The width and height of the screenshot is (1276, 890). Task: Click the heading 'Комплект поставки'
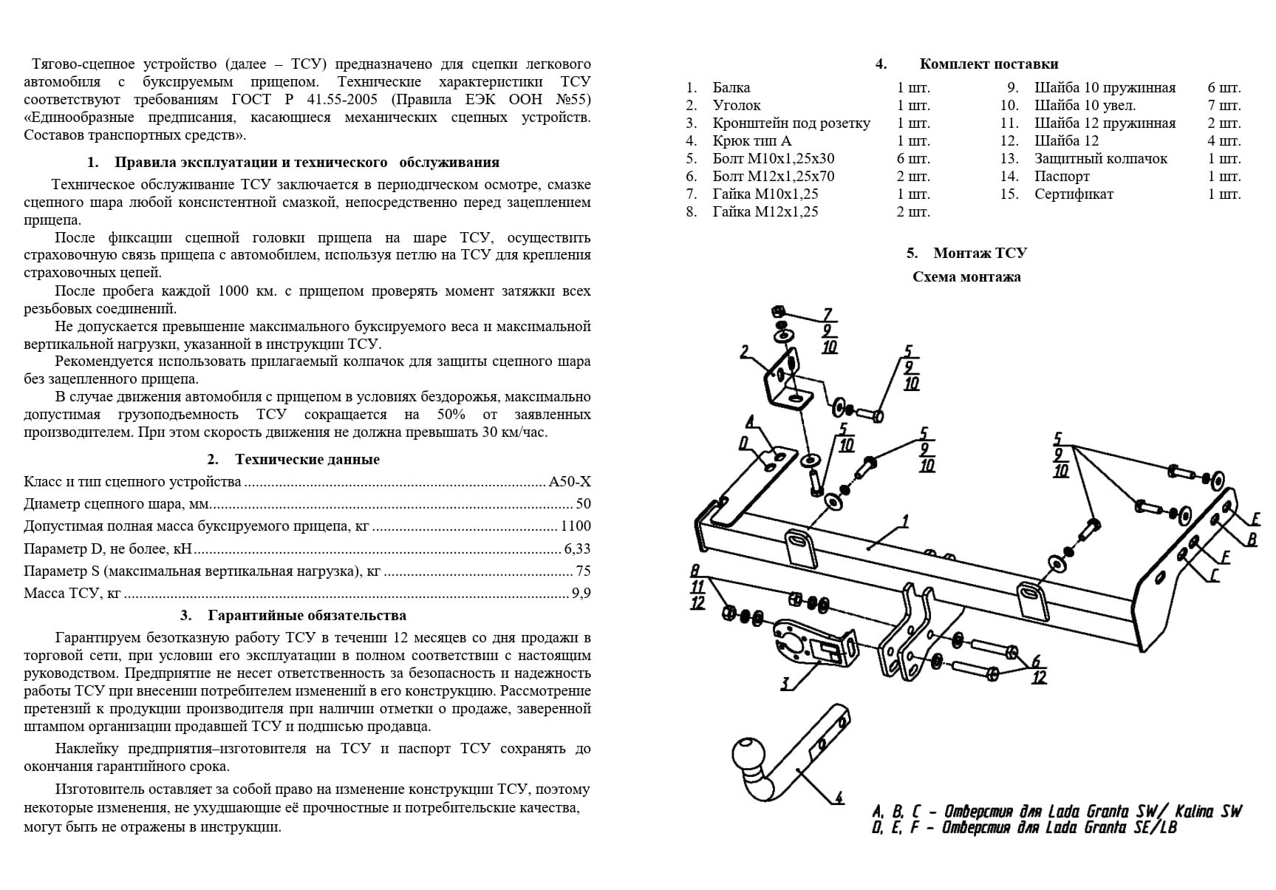pos(989,64)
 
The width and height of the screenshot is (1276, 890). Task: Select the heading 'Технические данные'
pos(307,459)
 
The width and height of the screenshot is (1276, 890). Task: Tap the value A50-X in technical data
pos(570,482)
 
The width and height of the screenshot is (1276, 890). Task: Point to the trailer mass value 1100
pos(576,526)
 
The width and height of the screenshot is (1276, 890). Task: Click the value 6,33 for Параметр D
pos(577,548)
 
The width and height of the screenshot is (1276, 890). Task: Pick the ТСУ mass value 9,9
pos(581,593)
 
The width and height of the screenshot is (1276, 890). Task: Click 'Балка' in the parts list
pos(731,88)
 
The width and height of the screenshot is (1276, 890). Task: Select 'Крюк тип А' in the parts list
pos(752,141)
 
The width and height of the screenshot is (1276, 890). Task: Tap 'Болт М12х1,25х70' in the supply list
pos(774,177)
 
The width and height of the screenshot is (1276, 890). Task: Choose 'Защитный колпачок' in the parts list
pos(1101,159)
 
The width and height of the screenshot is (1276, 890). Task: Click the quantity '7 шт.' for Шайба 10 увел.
pos(1224,106)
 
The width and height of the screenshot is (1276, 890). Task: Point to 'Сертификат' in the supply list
pos(1074,194)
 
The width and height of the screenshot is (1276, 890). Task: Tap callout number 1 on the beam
pos(905,522)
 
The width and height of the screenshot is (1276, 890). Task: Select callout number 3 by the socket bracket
pos(785,684)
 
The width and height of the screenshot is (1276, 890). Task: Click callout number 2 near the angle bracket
pos(745,352)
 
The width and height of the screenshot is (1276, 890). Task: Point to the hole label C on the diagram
pos(1213,576)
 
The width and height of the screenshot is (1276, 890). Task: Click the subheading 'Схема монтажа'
pos(966,277)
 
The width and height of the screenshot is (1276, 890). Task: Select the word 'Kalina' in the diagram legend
pos(1194,812)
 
